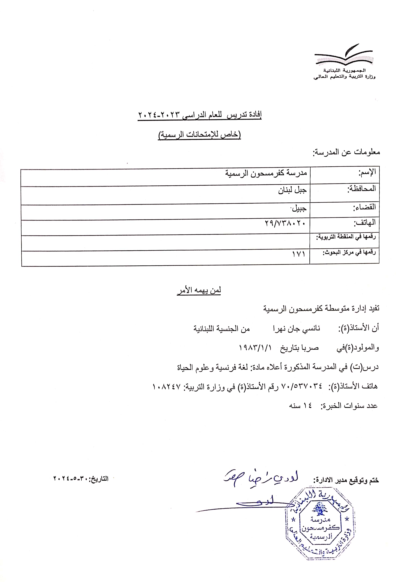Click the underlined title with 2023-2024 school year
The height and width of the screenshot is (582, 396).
[x=199, y=116]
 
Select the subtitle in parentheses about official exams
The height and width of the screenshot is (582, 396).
[x=199, y=135]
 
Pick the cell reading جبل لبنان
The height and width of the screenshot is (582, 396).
[x=292, y=191]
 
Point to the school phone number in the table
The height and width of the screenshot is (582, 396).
[x=285, y=223]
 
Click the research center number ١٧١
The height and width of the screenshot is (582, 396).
[x=299, y=254]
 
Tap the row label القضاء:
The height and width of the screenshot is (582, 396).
[x=365, y=207]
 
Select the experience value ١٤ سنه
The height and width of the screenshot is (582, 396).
[x=300, y=406]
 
